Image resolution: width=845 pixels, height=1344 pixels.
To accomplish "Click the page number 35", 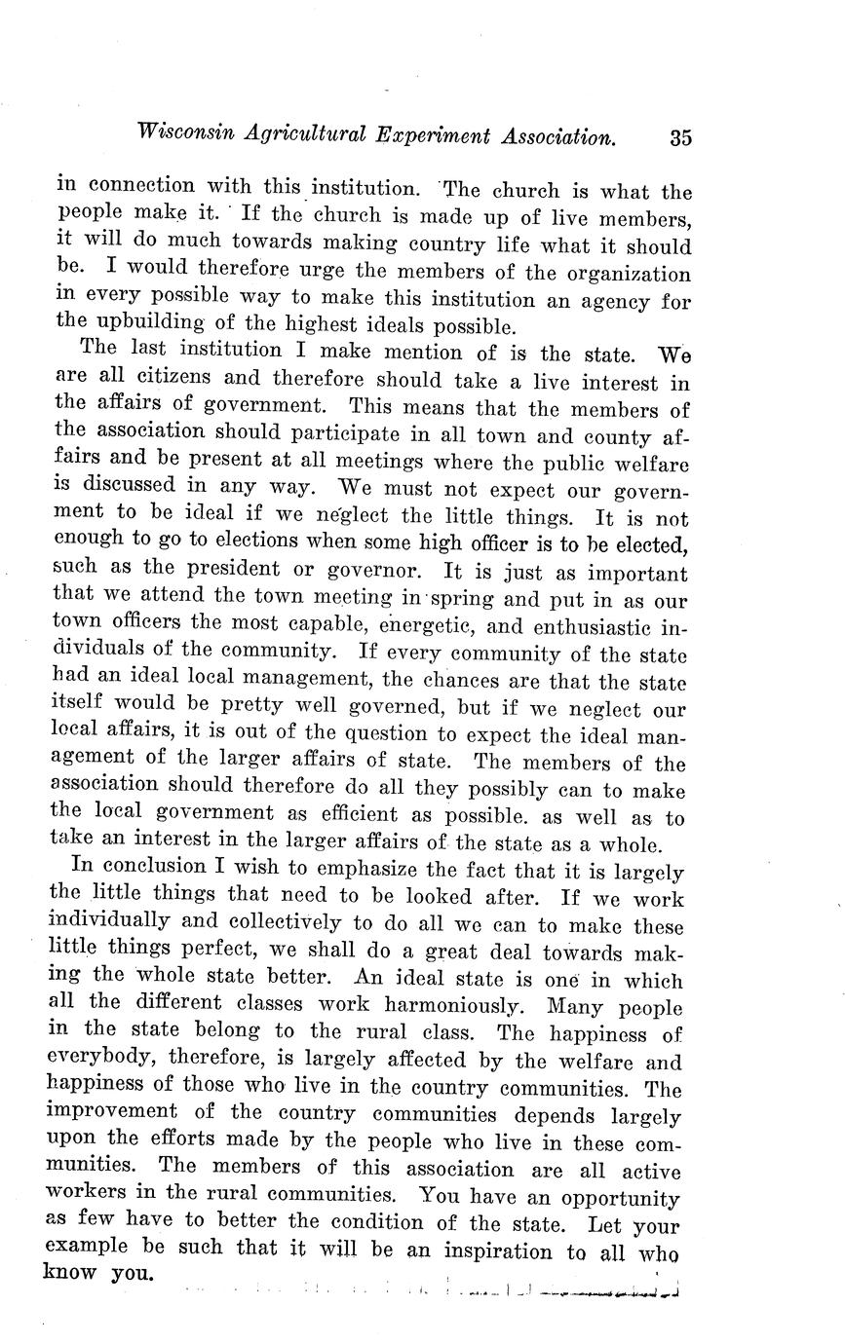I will tap(680, 137).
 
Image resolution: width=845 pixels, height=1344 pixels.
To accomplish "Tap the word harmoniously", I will tap(451, 1005).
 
